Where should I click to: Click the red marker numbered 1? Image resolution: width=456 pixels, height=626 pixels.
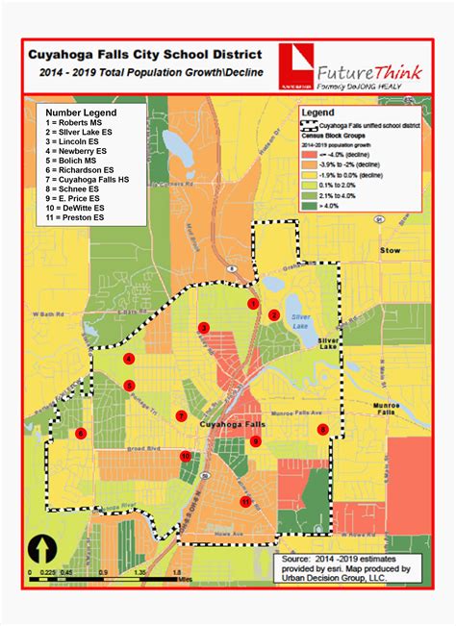point(253,303)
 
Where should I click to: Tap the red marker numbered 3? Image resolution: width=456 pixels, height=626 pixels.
point(204,328)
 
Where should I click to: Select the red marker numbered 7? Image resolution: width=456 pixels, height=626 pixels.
point(180,416)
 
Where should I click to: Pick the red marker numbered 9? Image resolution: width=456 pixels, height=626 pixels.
point(323,429)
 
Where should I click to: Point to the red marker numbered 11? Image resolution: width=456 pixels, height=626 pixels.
point(245,502)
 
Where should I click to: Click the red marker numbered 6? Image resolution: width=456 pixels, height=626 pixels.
point(81,434)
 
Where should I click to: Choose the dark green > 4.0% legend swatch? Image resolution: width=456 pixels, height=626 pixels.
point(308,204)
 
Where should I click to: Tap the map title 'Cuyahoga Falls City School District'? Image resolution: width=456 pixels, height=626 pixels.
point(146,57)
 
